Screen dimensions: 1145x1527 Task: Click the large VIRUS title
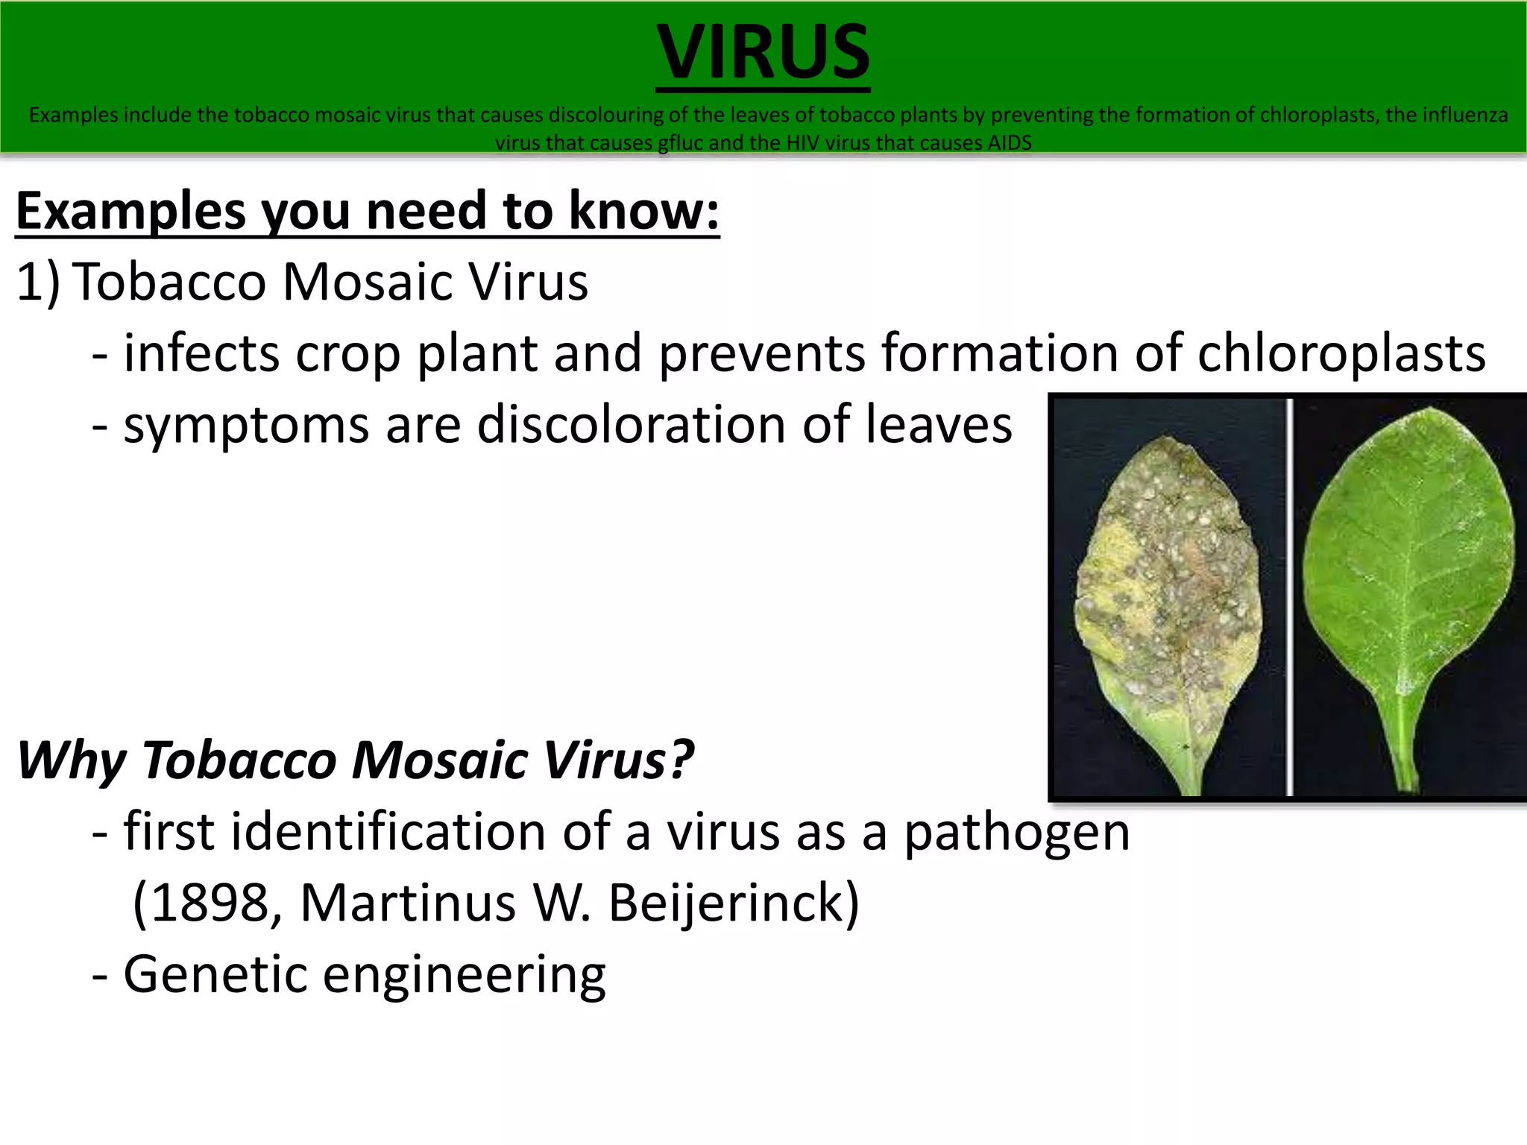click(763, 52)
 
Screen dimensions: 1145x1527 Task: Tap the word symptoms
click(246, 426)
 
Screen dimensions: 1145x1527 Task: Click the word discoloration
click(631, 424)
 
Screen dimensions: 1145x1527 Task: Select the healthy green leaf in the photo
click(1409, 567)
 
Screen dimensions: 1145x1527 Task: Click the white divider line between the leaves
click(1289, 596)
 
